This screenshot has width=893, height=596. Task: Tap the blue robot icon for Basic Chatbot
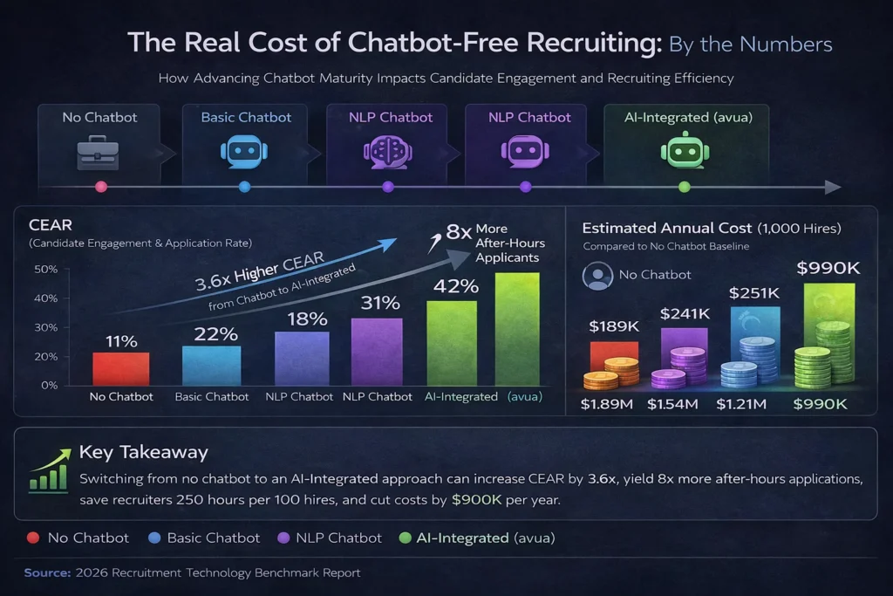(x=244, y=150)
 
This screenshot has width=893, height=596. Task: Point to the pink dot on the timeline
(x=100, y=187)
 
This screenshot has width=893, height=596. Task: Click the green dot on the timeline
(x=684, y=187)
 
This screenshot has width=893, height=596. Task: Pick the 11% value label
(x=121, y=341)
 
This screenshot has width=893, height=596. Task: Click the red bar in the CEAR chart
(x=121, y=368)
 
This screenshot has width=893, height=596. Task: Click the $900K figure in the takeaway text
(x=476, y=501)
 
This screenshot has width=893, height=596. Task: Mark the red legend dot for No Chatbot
(x=33, y=538)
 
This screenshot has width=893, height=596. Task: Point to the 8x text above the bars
(x=459, y=232)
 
